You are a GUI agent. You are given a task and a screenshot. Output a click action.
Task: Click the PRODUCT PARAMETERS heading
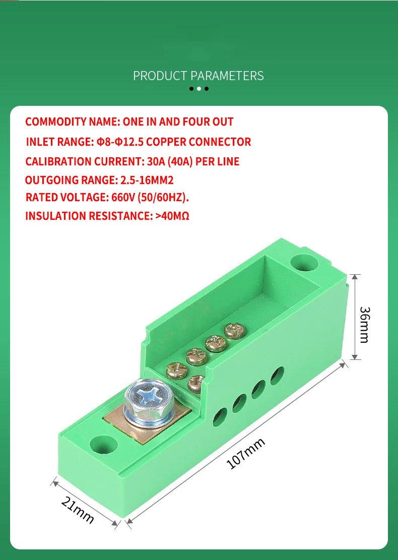click(198, 76)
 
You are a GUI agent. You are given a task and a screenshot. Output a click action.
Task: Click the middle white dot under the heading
click(199, 89)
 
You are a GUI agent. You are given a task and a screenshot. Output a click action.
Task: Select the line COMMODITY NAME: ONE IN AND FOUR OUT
click(129, 121)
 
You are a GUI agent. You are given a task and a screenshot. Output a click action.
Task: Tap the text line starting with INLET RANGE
click(138, 142)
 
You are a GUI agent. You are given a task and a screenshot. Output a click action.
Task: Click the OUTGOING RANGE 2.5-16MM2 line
click(99, 180)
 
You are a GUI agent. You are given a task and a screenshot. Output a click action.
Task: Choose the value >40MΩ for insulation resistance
click(172, 216)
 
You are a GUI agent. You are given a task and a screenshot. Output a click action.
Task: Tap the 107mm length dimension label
click(246, 454)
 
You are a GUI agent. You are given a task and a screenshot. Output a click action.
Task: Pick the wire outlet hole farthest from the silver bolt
click(277, 375)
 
